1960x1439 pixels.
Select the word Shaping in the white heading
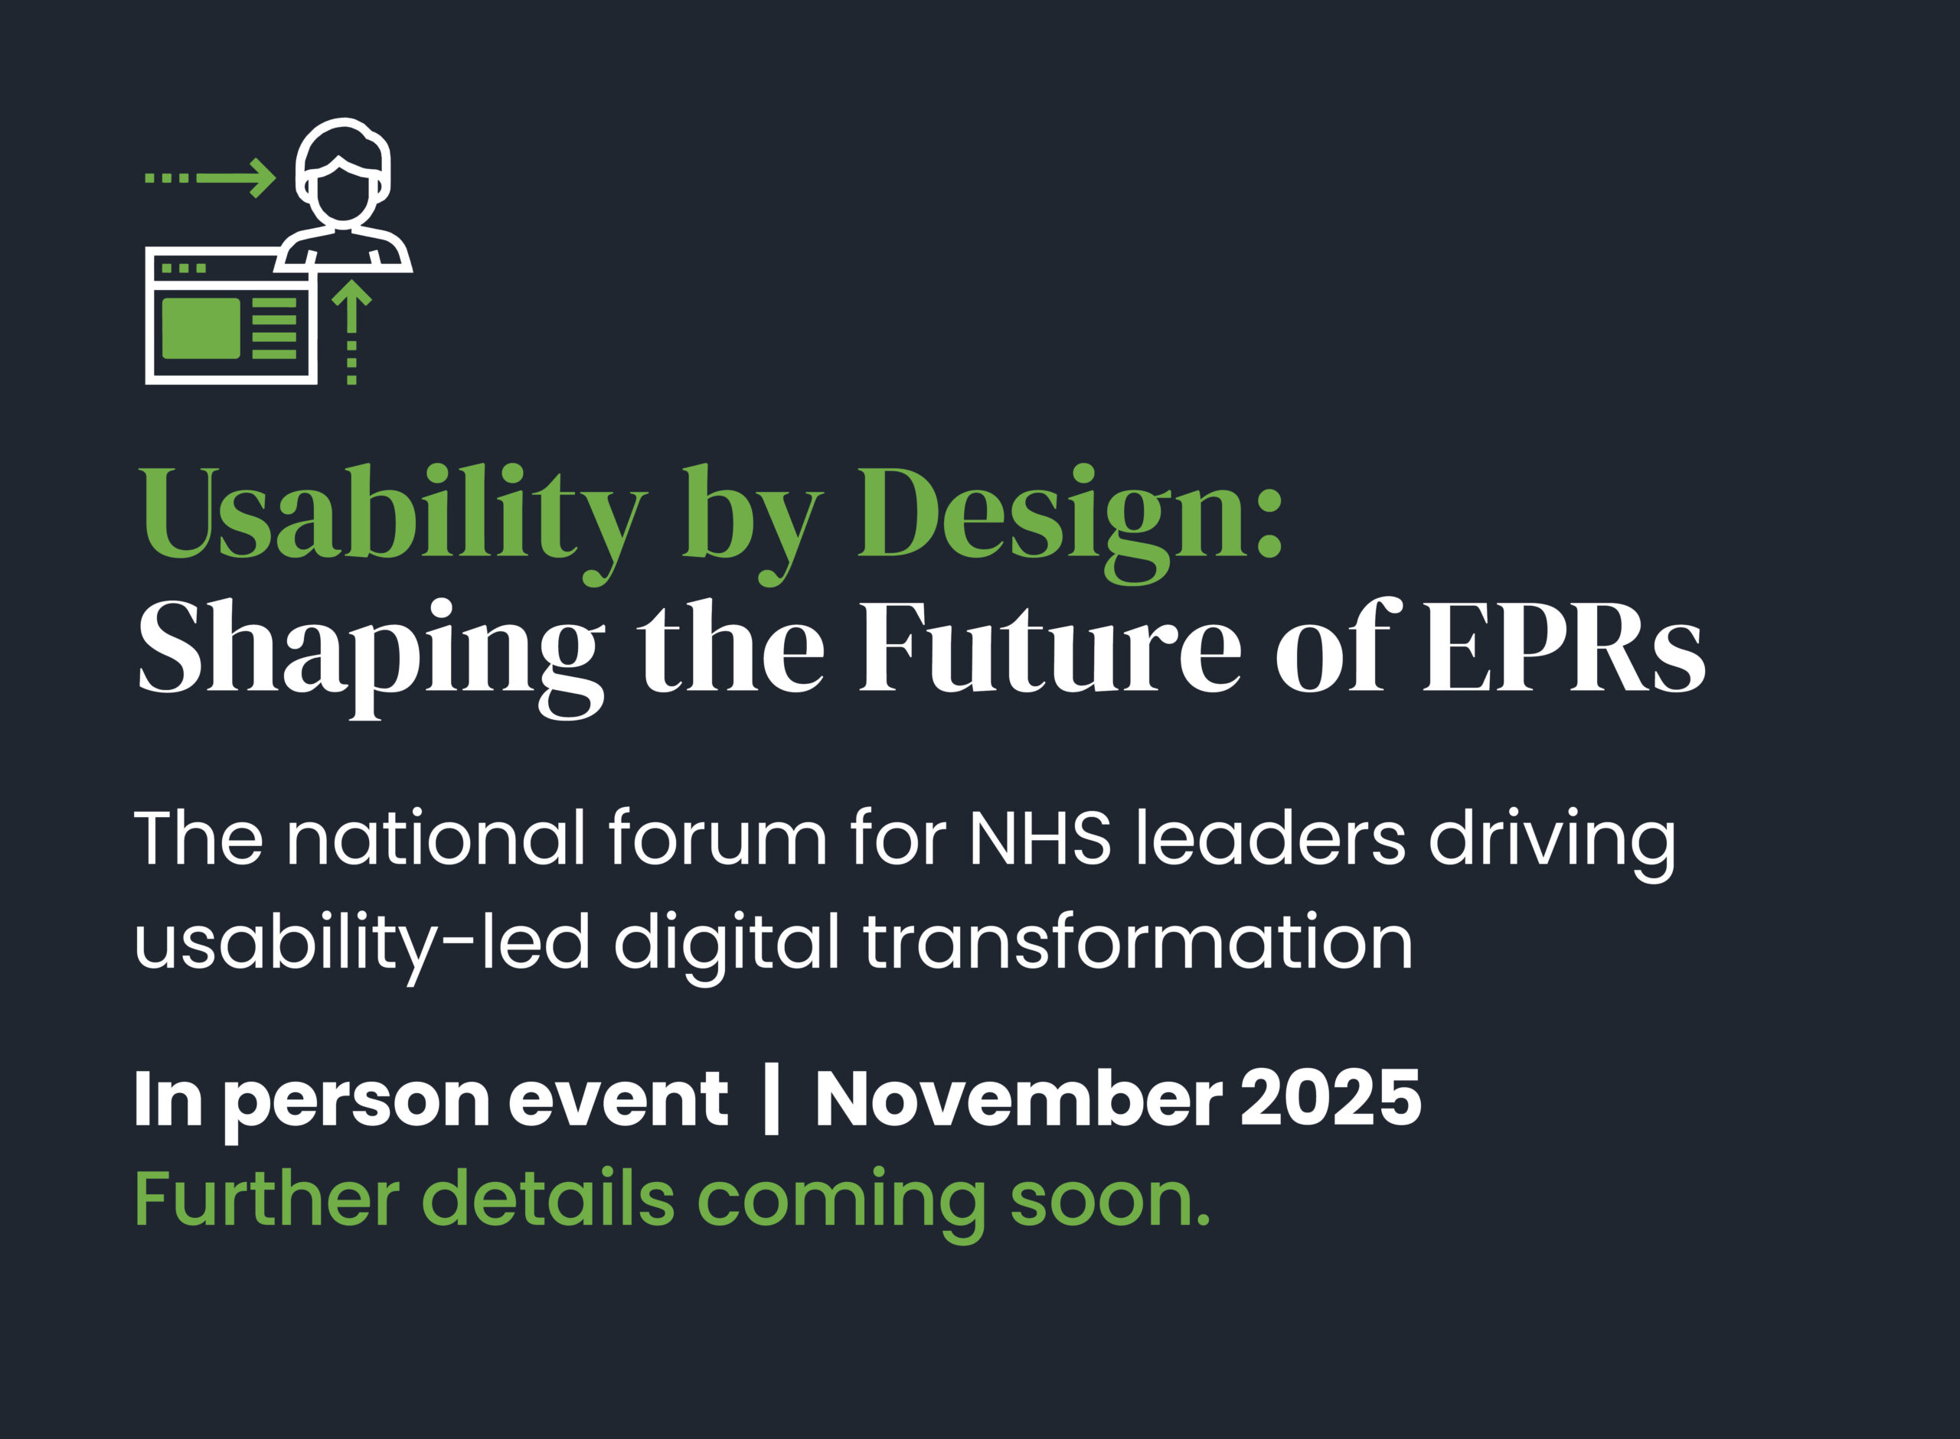[x=371, y=658]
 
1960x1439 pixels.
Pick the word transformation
[x=1137, y=942]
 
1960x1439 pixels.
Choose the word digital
[x=727, y=948]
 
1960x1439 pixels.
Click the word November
[x=1019, y=1099]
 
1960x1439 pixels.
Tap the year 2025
[x=1331, y=1099]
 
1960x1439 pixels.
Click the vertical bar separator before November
[x=770, y=1102]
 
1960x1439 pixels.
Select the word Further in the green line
[x=267, y=1200]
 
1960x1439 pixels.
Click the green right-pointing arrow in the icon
[x=210, y=178]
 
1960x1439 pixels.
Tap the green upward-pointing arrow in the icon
[x=352, y=332]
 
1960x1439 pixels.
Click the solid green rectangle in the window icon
[x=201, y=328]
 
